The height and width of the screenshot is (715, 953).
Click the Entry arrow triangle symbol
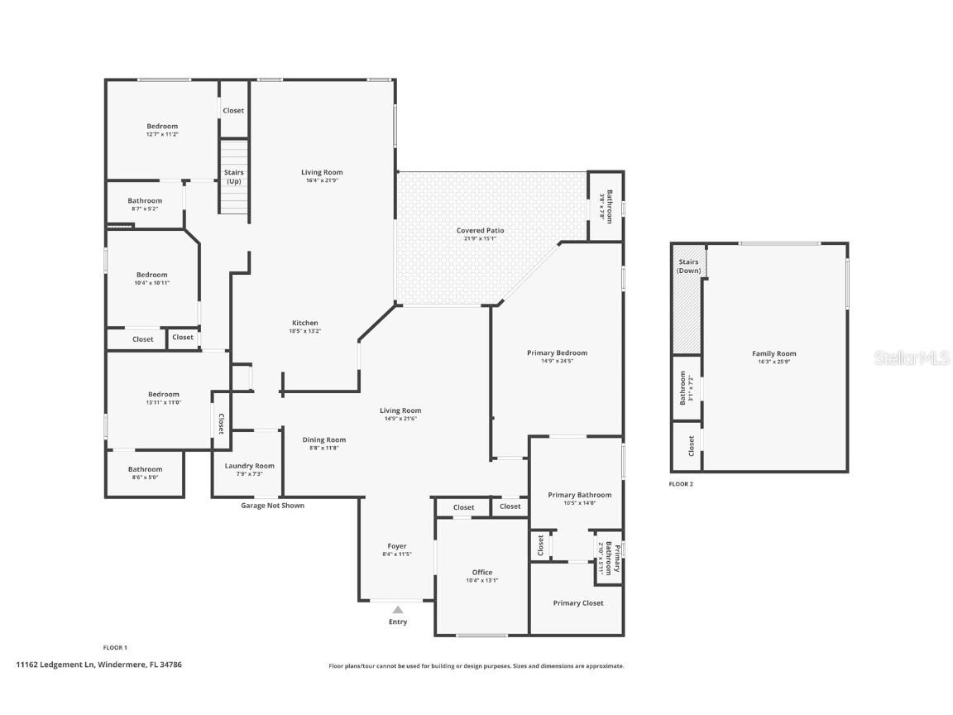click(398, 610)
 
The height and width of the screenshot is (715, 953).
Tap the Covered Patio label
click(480, 231)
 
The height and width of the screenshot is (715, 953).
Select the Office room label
click(482, 573)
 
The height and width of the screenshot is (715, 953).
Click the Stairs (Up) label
click(234, 176)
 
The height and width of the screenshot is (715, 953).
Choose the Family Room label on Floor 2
click(775, 353)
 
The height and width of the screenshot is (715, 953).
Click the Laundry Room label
click(249, 466)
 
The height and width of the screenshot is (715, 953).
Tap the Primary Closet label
click(578, 603)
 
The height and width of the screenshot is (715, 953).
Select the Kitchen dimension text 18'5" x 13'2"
click(305, 331)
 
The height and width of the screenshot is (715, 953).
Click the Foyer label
click(397, 546)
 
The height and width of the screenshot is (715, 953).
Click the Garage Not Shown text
click(272, 506)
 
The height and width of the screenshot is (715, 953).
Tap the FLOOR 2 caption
click(682, 484)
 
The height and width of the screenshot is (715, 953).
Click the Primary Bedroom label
click(557, 353)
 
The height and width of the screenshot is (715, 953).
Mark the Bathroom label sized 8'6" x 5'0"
click(145, 469)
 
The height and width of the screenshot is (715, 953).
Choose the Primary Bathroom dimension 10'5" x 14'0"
click(580, 503)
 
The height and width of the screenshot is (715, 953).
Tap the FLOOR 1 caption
click(114, 647)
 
